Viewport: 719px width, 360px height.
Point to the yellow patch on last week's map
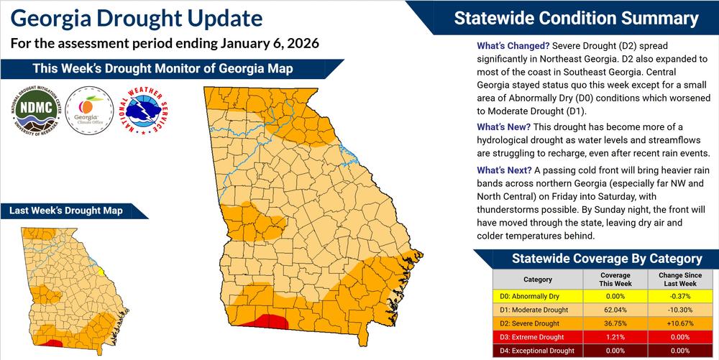(x=101, y=272)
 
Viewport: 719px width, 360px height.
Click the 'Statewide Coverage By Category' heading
(x=596, y=259)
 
